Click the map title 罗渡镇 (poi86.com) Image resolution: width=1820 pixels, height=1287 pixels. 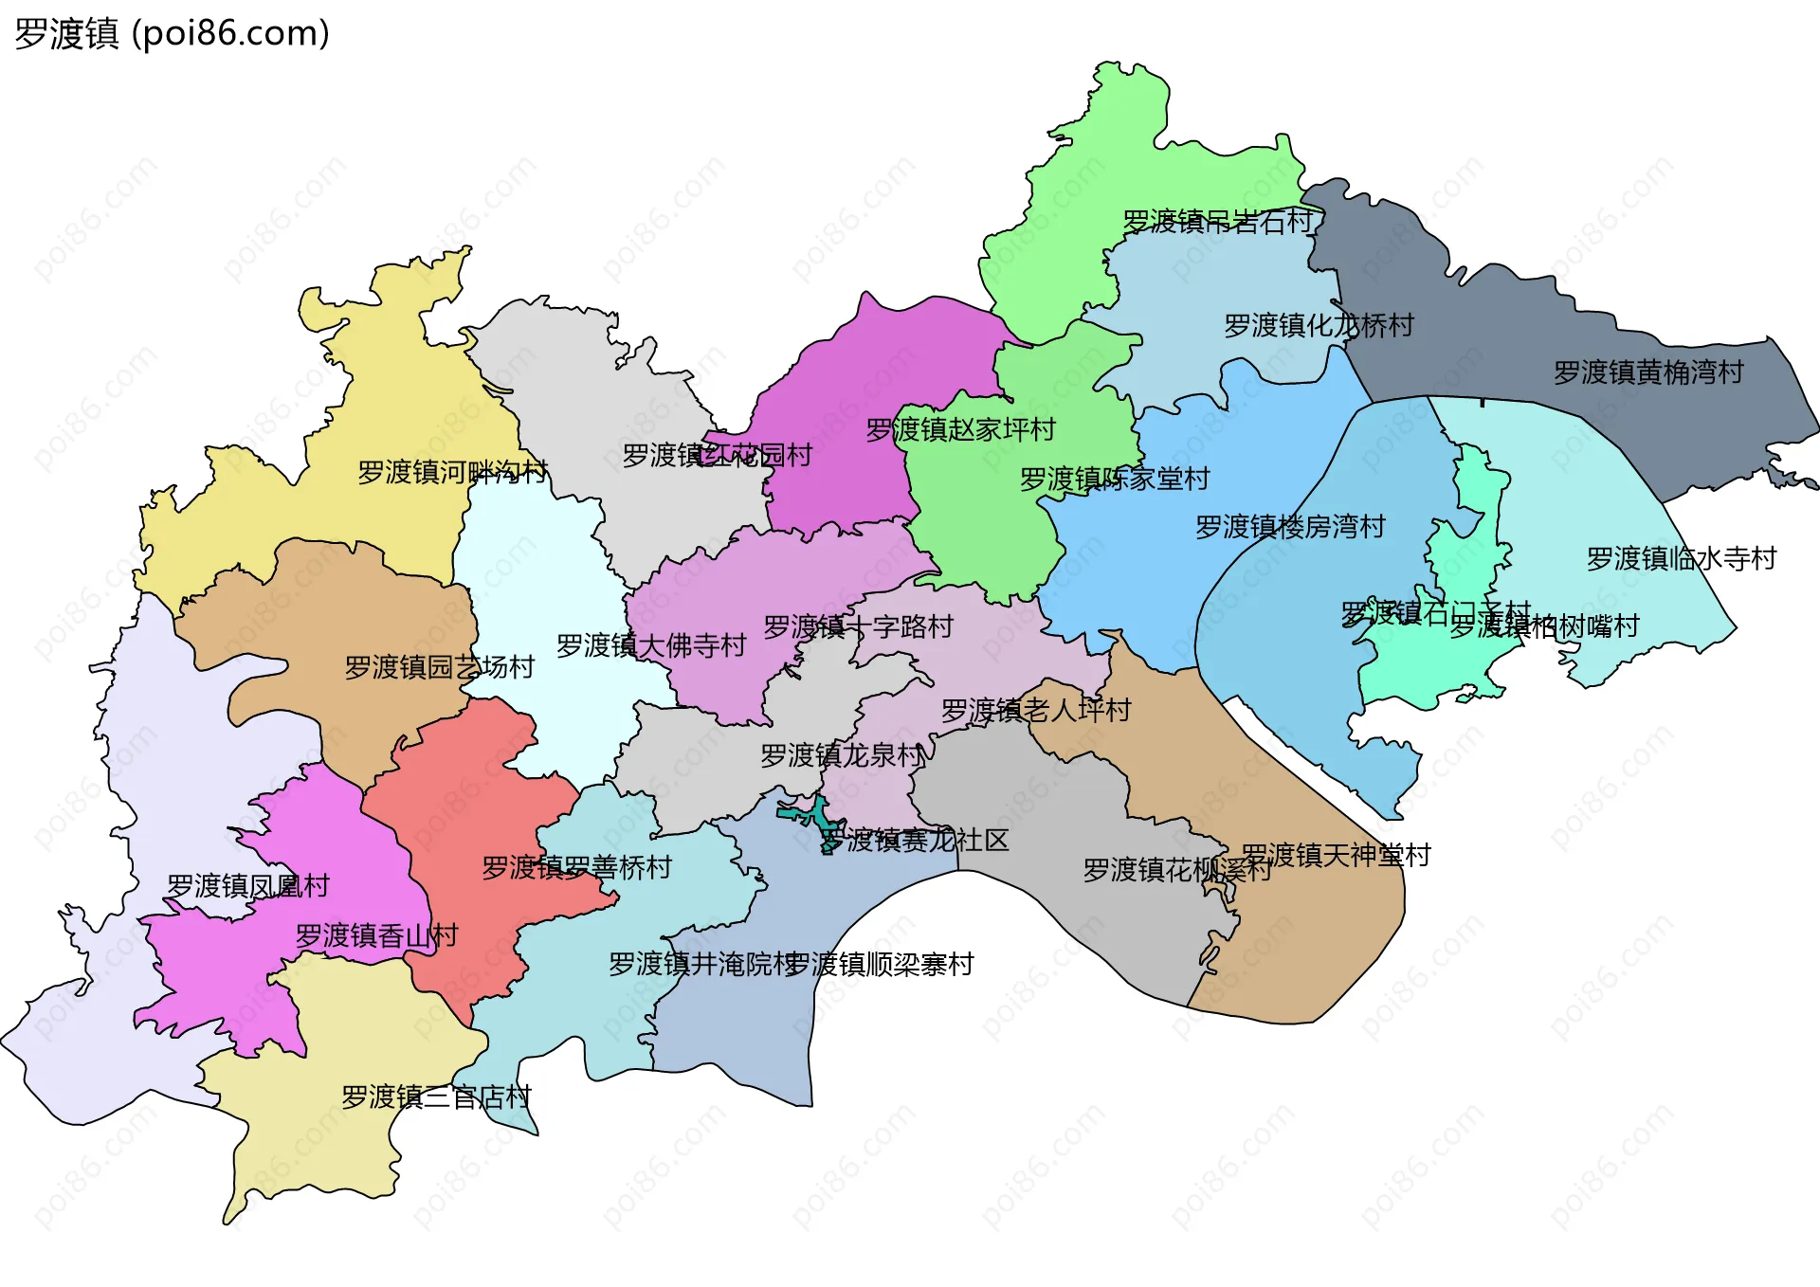coord(172,34)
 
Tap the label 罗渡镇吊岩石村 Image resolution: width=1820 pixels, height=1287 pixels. coord(1217,222)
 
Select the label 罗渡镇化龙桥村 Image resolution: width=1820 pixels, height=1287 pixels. coord(1319,326)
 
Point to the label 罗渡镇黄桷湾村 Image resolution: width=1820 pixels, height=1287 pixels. coord(1648,372)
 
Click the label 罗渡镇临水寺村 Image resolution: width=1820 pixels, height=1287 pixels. coord(1682,559)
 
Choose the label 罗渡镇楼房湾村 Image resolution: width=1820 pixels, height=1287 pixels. coord(1290,527)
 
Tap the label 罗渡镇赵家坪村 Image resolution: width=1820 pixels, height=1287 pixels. coord(960,430)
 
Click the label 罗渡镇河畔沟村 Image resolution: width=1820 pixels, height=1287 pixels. coord(452,472)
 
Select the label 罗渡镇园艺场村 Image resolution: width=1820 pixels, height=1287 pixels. coord(439,667)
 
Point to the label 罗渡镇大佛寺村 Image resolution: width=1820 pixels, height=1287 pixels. coord(651,646)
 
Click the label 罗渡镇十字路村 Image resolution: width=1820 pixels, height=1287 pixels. coord(858,627)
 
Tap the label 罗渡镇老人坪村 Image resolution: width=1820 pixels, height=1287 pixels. coord(1035,710)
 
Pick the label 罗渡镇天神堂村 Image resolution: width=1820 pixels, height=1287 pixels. coord(1336,856)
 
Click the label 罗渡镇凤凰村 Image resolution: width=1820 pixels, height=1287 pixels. coord(247,886)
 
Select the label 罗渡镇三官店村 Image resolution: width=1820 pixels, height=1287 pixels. coord(436,1097)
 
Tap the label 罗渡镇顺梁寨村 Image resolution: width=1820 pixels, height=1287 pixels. coord(879,965)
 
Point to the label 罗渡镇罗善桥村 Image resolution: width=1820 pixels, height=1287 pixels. coord(576,867)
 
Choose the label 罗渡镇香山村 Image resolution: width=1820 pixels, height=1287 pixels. coord(376,936)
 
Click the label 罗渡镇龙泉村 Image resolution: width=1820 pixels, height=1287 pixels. coord(842,755)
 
